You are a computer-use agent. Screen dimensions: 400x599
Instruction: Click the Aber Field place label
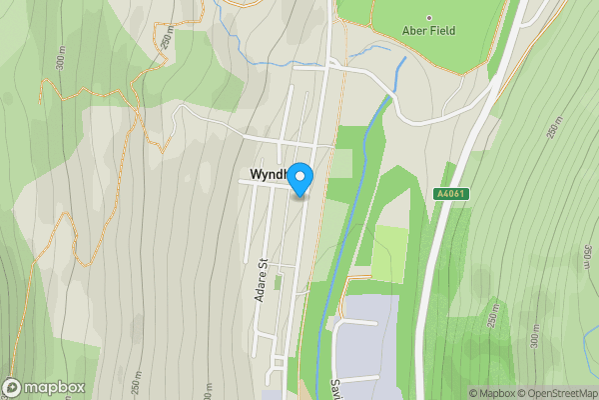(430, 31)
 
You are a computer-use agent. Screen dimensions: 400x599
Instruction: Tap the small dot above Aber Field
(430, 18)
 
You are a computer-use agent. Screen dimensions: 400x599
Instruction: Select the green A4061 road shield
(451, 193)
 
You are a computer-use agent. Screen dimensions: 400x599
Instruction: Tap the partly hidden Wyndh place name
(265, 175)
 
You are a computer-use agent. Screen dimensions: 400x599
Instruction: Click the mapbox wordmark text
(55, 387)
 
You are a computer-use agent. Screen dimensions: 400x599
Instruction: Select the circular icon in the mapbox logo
(12, 387)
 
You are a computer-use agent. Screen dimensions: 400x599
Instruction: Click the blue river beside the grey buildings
(320, 330)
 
